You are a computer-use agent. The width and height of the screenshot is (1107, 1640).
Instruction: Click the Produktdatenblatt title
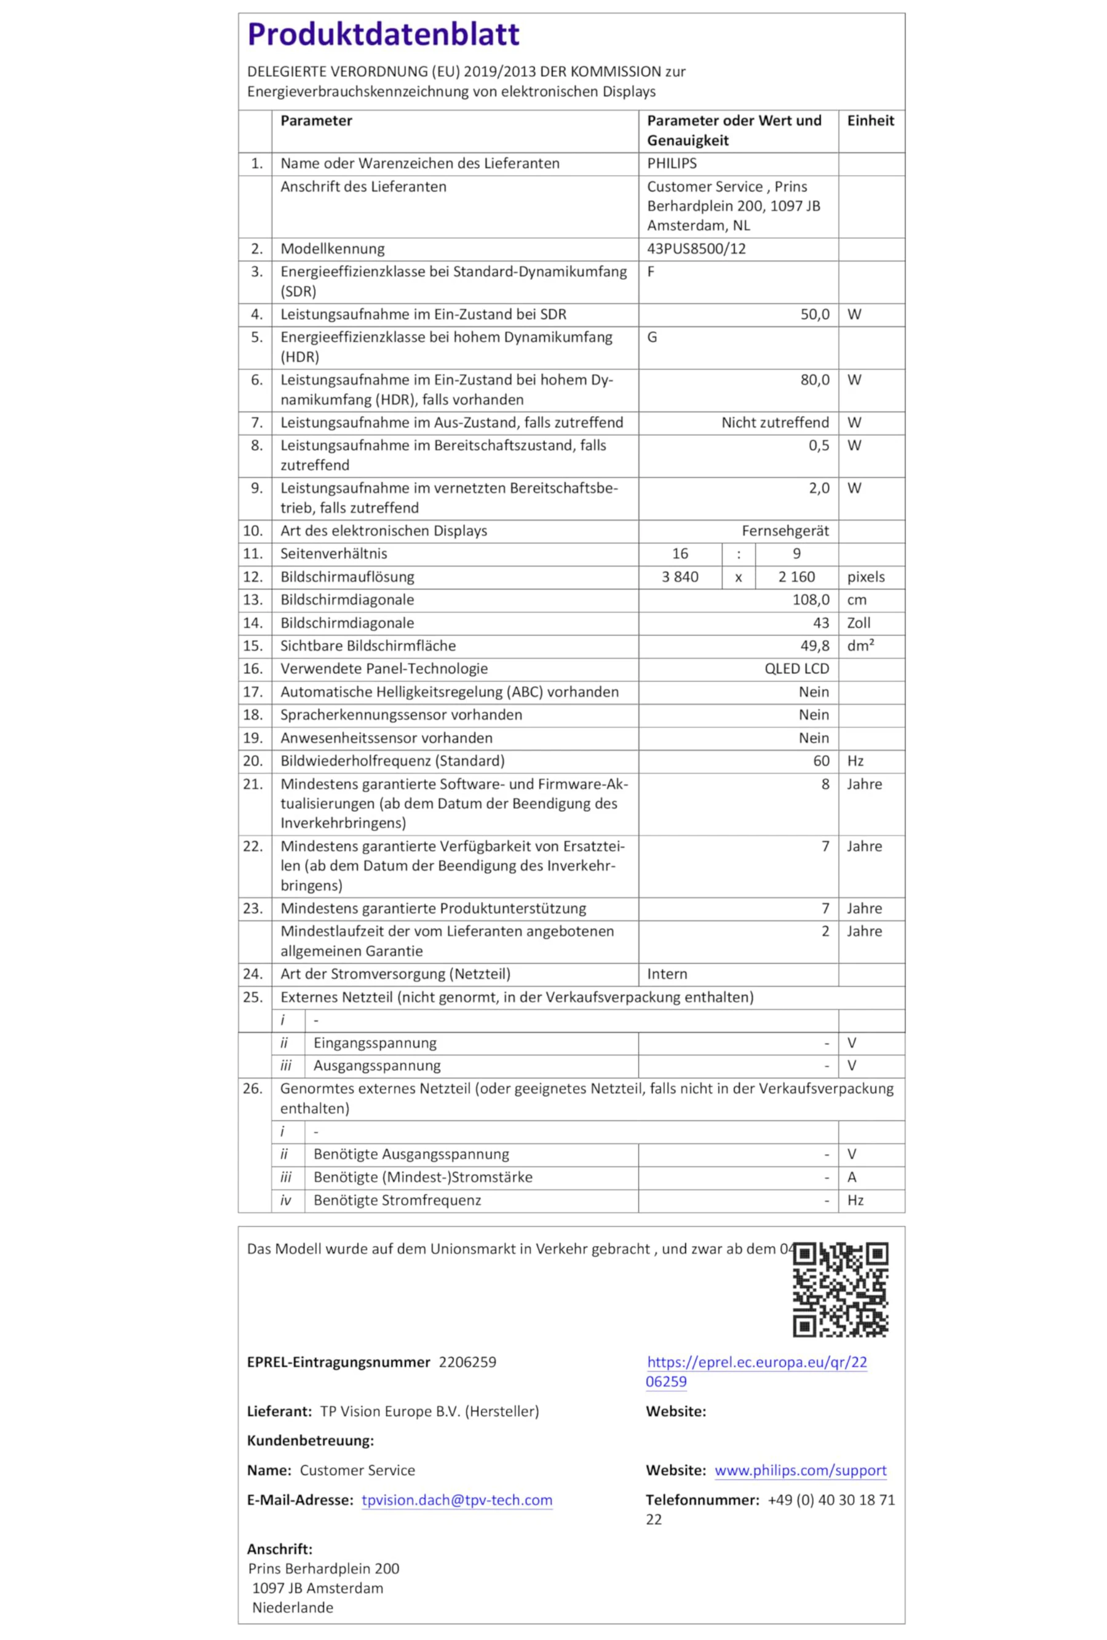coord(383,34)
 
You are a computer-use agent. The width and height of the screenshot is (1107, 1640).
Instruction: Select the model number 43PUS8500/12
coord(696,248)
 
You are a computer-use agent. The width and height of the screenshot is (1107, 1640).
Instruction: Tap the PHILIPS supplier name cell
coord(672,163)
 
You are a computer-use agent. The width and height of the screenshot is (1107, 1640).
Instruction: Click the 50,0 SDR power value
coord(814,314)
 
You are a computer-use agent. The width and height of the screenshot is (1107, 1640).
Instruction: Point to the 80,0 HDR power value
coord(814,379)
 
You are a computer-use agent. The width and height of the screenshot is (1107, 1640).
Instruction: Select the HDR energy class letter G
coord(652,338)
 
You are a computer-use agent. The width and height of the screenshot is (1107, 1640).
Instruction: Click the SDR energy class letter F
coord(651,272)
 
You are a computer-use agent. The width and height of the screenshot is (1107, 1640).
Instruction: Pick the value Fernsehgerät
coord(785,531)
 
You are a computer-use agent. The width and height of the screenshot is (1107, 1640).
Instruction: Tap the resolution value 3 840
coord(680,577)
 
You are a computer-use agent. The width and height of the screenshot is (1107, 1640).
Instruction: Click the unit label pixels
coord(866,577)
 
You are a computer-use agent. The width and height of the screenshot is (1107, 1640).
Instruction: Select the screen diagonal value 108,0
coord(811,600)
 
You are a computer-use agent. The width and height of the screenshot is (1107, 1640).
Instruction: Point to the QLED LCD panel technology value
coord(796,668)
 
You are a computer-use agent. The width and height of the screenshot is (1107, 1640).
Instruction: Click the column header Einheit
coord(870,121)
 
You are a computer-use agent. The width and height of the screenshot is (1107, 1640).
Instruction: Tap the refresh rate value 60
coord(820,761)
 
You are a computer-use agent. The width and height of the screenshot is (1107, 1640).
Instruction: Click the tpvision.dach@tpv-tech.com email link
coord(456,1500)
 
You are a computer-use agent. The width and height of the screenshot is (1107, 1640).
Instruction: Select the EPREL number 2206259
coord(467,1362)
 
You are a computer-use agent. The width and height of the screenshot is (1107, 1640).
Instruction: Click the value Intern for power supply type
coord(667,974)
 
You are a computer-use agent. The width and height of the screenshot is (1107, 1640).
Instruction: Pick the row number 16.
coord(253,668)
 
